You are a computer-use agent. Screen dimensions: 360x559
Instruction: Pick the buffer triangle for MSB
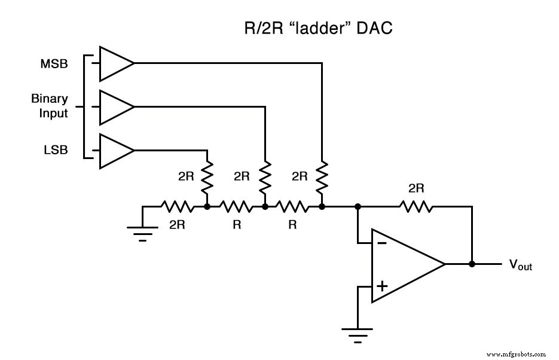(x=115, y=63)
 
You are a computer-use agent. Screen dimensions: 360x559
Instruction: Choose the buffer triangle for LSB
(x=115, y=150)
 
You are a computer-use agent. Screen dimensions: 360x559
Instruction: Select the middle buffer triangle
(x=115, y=107)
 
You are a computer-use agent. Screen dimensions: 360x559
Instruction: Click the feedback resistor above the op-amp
(x=416, y=207)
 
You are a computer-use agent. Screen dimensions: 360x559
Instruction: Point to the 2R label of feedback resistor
(x=416, y=188)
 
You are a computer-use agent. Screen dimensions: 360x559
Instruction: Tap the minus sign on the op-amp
(x=381, y=243)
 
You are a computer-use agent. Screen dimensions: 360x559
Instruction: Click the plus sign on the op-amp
(x=381, y=286)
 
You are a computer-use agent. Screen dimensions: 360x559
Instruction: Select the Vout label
(x=520, y=265)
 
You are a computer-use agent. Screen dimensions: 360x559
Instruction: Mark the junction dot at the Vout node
(x=472, y=264)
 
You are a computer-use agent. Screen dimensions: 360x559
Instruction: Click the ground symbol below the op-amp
(x=357, y=335)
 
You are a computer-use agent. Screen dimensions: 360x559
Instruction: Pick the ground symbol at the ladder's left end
(x=142, y=233)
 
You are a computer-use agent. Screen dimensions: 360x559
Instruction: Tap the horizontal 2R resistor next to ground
(x=177, y=207)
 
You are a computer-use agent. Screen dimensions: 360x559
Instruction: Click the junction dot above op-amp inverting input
(x=358, y=207)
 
